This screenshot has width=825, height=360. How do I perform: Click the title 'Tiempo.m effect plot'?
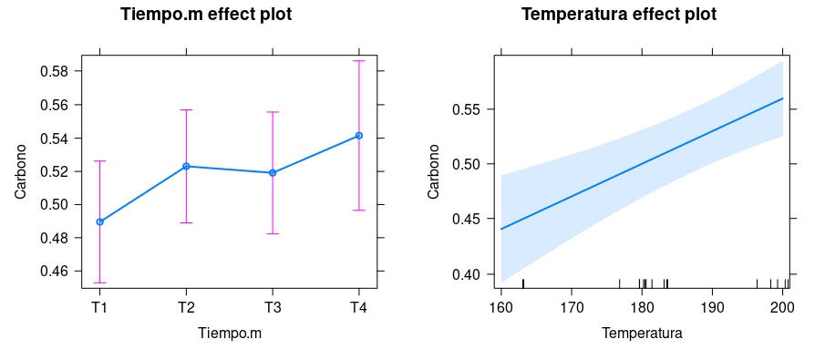tap(206, 15)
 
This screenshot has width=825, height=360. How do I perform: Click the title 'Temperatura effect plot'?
tap(618, 15)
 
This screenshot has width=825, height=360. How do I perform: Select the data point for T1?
tap(99, 221)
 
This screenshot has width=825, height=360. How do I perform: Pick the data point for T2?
tap(186, 166)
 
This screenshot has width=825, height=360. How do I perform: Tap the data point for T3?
tap(272, 172)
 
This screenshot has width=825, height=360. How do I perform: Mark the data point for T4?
tap(358, 135)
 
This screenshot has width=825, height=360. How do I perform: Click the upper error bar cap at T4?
tap(358, 60)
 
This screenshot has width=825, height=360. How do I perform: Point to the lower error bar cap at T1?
tap(99, 283)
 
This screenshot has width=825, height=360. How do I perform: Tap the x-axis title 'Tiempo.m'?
tap(229, 334)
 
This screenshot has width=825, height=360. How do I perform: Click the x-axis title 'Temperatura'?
tap(642, 334)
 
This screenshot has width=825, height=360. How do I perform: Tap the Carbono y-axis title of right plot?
tap(434, 172)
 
